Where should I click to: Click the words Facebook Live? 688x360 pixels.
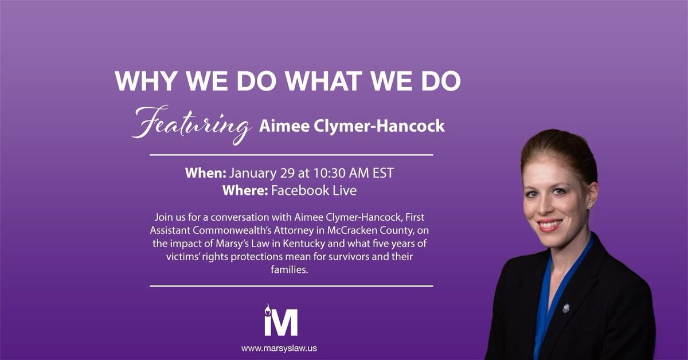pyautogui.click(x=317, y=189)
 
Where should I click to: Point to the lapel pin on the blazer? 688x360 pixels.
pyautogui.click(x=566, y=307)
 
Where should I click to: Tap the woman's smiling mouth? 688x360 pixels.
pyautogui.click(x=549, y=225)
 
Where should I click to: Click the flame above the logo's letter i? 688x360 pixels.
pyautogui.click(x=267, y=309)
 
